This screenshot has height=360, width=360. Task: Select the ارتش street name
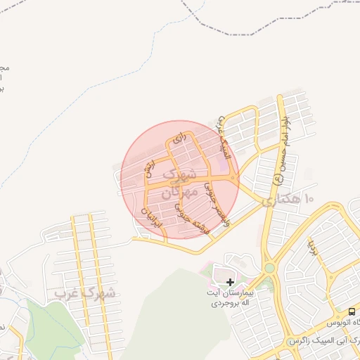149,168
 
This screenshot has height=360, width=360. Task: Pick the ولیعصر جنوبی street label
216,204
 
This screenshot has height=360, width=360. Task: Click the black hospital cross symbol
230,282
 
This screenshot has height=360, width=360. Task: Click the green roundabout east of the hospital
269,268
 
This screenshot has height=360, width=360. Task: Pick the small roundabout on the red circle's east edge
234,179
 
